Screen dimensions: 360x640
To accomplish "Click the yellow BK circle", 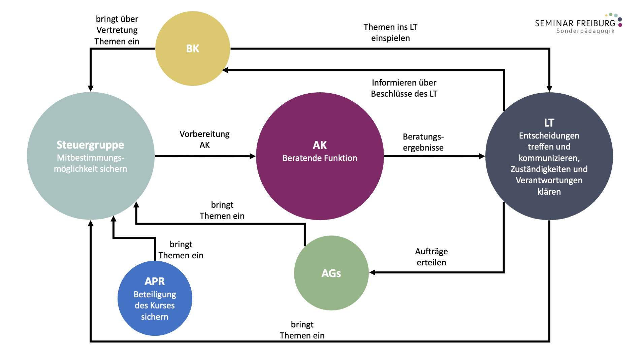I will (193, 48).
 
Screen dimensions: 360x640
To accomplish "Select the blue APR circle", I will (155, 298).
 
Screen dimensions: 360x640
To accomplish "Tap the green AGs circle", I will (331, 273).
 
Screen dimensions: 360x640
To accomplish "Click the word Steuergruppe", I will (90, 145).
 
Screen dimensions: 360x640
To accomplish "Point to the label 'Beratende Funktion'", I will (320, 158).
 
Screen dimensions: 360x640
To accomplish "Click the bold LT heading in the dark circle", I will (549, 123).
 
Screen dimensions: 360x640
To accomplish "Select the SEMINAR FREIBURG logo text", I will (575, 23).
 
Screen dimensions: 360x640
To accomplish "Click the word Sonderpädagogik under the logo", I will (585, 31).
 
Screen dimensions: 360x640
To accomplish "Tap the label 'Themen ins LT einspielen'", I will (390, 32).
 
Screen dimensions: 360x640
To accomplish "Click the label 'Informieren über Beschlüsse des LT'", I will (404, 88).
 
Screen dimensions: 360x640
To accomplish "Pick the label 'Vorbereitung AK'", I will (204, 139).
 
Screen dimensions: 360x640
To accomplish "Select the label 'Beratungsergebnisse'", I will (423, 142).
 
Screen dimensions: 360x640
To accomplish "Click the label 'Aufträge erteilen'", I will (431, 257).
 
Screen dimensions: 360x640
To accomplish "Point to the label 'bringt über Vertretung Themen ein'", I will (117, 30).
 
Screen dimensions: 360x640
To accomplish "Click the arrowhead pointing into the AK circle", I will (252, 156).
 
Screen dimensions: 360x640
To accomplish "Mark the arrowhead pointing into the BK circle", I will (225, 70).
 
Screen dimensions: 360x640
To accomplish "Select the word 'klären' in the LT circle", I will (549, 192).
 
